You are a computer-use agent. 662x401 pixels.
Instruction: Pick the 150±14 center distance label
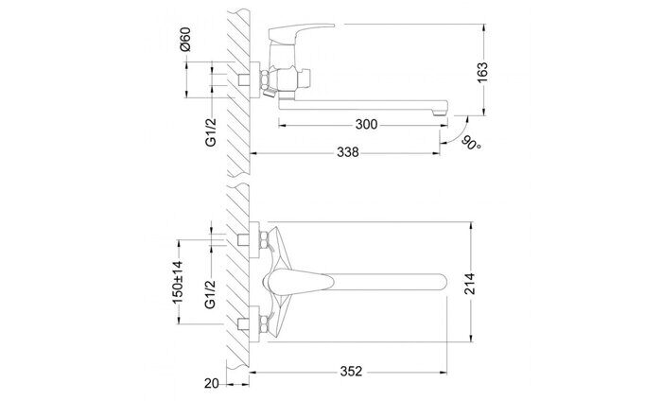pos(177,280)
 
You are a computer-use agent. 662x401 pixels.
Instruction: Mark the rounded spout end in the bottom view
pos(439,281)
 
